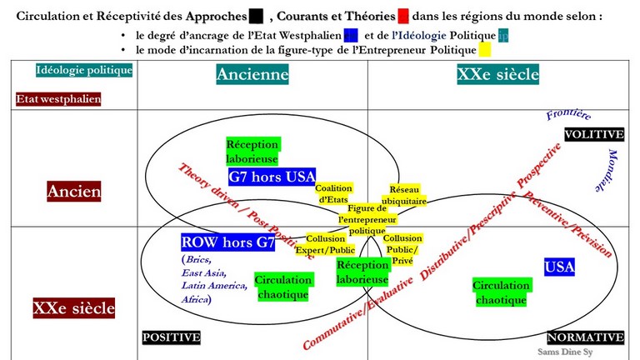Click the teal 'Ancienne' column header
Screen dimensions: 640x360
click(252, 74)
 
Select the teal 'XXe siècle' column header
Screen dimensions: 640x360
click(498, 74)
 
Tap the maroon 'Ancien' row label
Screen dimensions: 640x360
click(74, 192)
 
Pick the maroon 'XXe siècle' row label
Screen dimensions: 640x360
click(74, 307)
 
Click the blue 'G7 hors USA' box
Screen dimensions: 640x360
click(272, 177)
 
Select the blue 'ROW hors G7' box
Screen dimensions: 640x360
click(227, 242)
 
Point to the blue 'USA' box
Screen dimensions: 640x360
click(559, 267)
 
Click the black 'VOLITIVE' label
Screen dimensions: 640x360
click(594, 134)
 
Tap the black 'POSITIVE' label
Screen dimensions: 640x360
click(172, 337)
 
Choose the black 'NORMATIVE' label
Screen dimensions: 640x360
click(585, 337)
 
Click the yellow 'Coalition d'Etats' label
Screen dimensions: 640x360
click(333, 193)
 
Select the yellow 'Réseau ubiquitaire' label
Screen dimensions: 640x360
click(404, 195)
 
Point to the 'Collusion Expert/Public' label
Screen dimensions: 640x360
click(325, 244)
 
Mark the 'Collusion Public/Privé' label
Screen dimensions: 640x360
click(402, 249)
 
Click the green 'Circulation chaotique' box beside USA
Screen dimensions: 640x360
click(501, 292)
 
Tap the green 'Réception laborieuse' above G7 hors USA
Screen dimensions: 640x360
click(252, 152)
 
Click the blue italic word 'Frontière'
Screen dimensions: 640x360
click(568, 114)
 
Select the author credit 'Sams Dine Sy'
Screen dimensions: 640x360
click(565, 352)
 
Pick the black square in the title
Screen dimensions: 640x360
click(256, 16)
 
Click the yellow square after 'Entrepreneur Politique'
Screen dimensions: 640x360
click(485, 50)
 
